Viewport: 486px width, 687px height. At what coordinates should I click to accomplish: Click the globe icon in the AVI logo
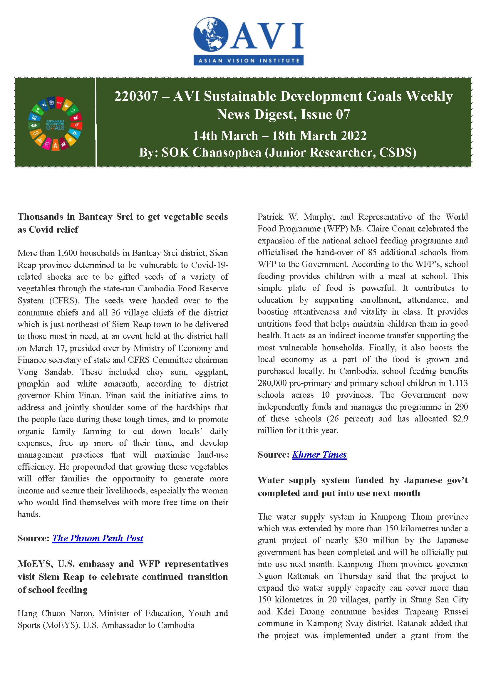coord(211,34)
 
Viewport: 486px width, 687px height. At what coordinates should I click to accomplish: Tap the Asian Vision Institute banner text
coord(249,61)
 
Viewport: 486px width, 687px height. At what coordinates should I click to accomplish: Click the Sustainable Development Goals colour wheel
coord(55,124)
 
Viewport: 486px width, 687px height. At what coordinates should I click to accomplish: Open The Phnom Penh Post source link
coord(98,538)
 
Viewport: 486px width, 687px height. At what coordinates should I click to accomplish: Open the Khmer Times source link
coord(319,454)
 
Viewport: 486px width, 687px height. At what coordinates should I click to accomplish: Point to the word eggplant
coord(211,372)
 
